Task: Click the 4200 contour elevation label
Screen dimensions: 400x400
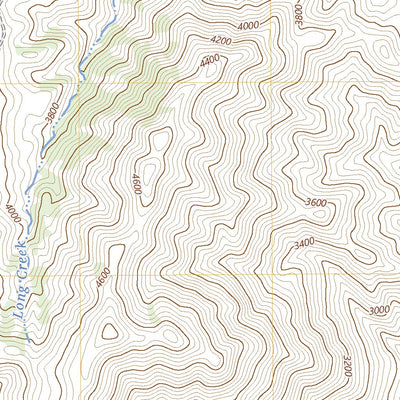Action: click(221, 40)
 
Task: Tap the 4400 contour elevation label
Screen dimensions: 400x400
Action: click(209, 61)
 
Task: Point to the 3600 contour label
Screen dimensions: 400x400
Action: click(316, 203)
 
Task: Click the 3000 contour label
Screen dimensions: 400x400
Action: click(378, 311)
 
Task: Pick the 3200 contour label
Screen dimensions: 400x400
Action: click(346, 365)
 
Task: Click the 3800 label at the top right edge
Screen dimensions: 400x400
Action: click(297, 14)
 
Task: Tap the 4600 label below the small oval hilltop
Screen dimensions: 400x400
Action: click(136, 185)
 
